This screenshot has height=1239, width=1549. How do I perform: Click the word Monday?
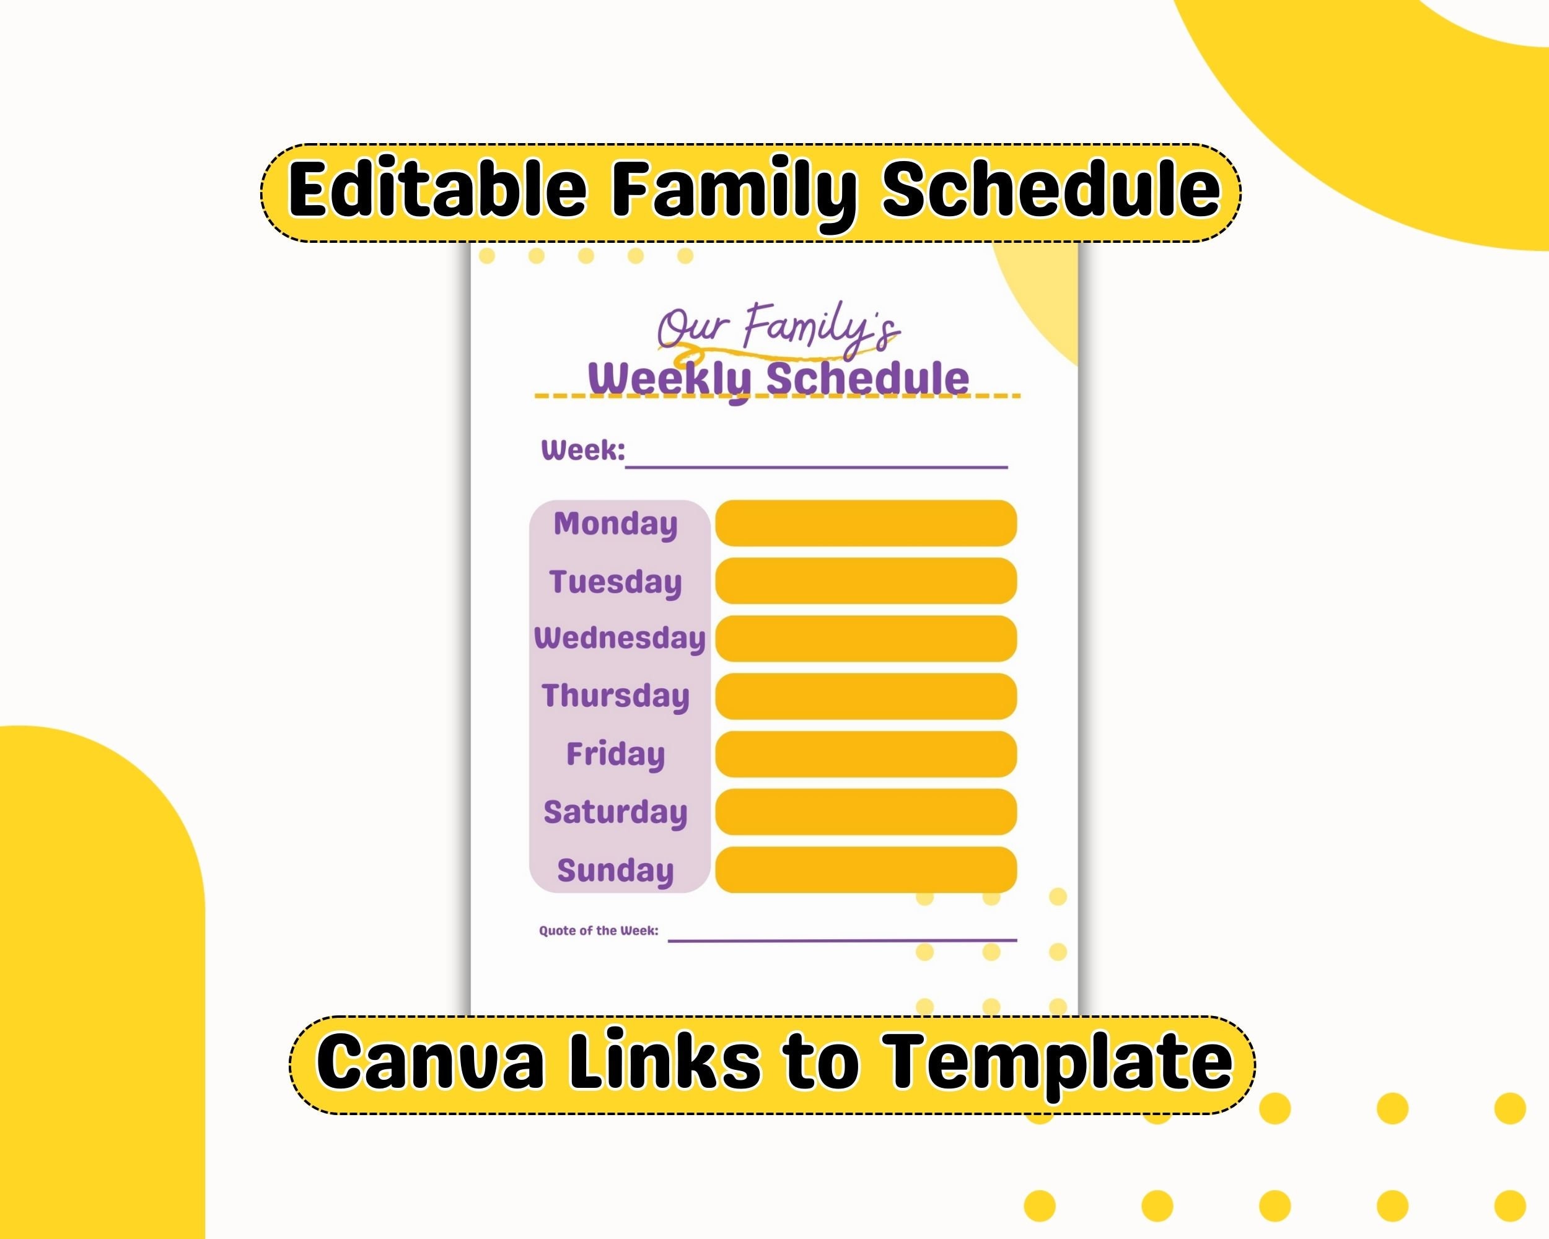(x=615, y=524)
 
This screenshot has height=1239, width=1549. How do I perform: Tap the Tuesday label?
(x=615, y=582)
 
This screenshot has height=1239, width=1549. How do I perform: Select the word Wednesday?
(x=620, y=639)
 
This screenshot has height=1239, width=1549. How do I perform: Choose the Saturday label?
(x=615, y=812)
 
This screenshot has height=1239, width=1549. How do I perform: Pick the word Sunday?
(x=615, y=870)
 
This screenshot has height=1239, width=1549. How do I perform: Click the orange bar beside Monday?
(x=866, y=523)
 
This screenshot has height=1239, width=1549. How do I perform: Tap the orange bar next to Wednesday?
(x=866, y=639)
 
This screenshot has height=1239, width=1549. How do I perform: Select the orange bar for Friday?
(x=866, y=754)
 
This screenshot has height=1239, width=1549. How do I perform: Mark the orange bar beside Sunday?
(x=866, y=870)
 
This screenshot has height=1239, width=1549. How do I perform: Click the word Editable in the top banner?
(x=437, y=190)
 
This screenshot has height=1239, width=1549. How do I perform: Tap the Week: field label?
(x=582, y=450)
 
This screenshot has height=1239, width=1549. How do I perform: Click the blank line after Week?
(x=816, y=468)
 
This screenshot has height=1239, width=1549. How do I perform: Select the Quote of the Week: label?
(x=599, y=931)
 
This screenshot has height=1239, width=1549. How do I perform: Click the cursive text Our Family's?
(x=778, y=330)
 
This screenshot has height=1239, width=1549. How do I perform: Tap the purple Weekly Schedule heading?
(x=778, y=379)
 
